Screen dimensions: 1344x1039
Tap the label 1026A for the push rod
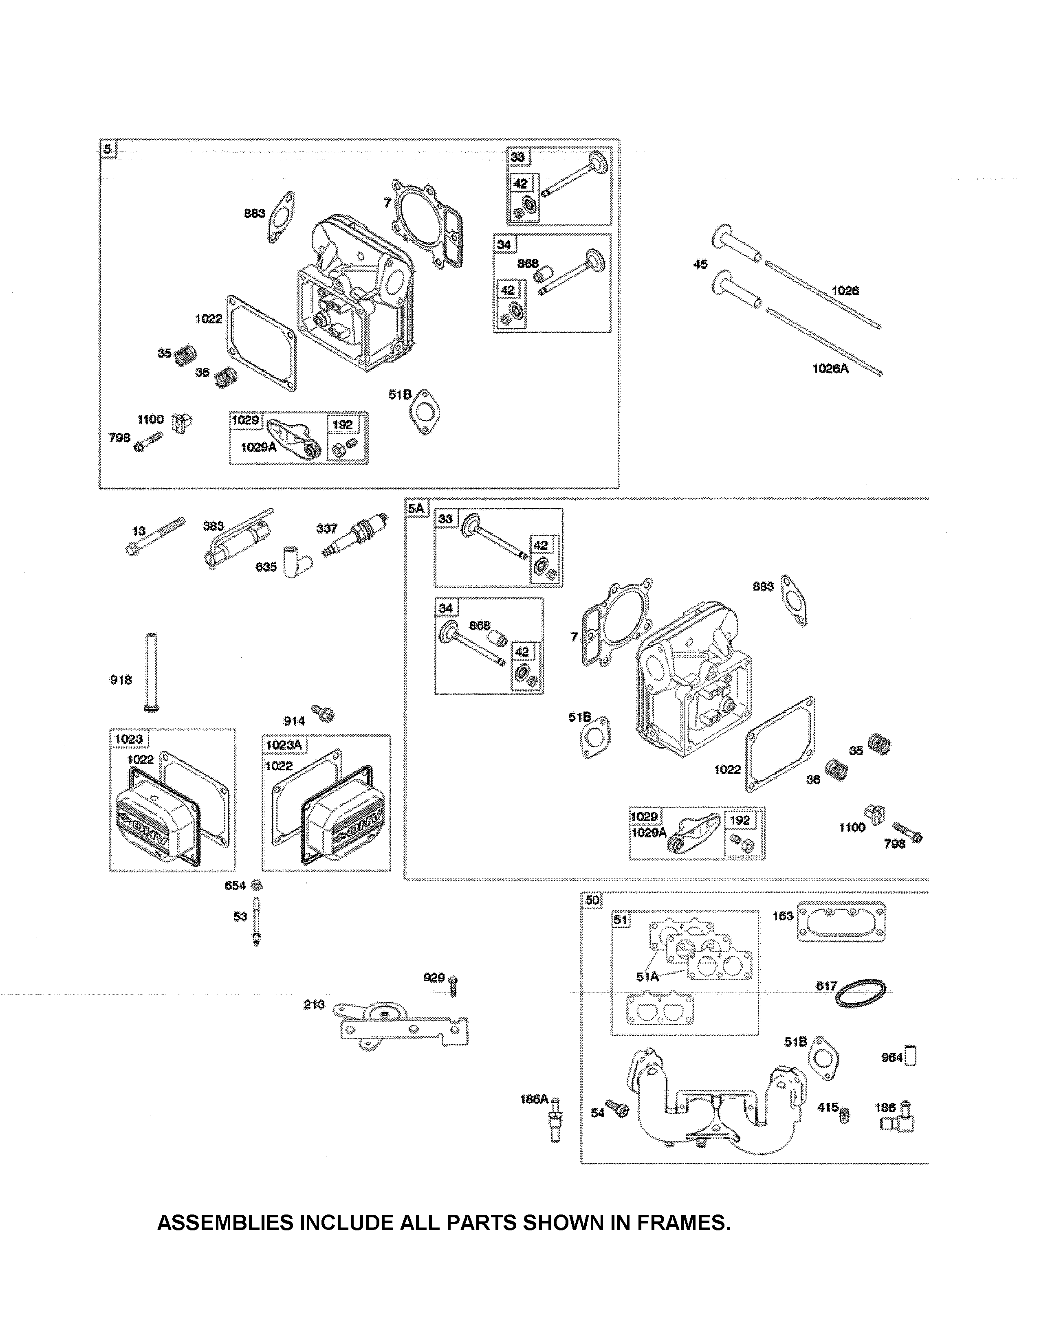(830, 369)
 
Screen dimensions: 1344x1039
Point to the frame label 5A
(416, 508)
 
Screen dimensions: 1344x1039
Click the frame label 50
(592, 900)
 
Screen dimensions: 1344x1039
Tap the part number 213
(313, 1004)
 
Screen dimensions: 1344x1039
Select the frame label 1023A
(284, 744)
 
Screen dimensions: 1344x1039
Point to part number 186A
(533, 1098)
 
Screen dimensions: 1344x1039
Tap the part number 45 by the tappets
(700, 264)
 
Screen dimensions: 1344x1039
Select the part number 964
(891, 1057)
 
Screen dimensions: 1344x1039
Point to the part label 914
(294, 720)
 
